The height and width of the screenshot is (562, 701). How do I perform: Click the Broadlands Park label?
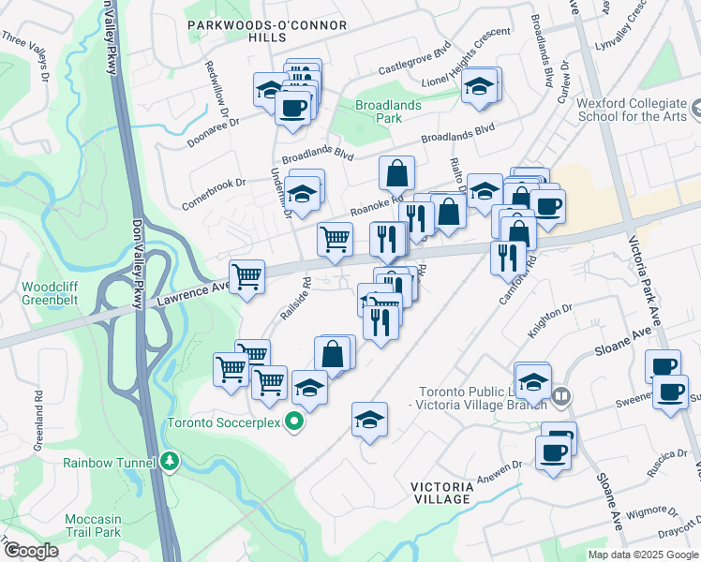click(x=391, y=112)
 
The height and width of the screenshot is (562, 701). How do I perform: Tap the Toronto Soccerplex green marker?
click(x=294, y=422)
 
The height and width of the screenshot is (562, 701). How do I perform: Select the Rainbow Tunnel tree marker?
click(x=169, y=461)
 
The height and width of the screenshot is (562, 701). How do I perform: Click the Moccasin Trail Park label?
click(x=93, y=525)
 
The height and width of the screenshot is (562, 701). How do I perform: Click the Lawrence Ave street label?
click(x=191, y=293)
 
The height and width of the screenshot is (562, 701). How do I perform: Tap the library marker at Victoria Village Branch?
click(x=560, y=396)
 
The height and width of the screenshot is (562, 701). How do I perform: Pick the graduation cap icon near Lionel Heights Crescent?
click(x=479, y=86)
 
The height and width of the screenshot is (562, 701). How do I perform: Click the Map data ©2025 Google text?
click(x=643, y=555)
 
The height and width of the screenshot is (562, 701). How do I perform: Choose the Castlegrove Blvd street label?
click(x=414, y=63)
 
